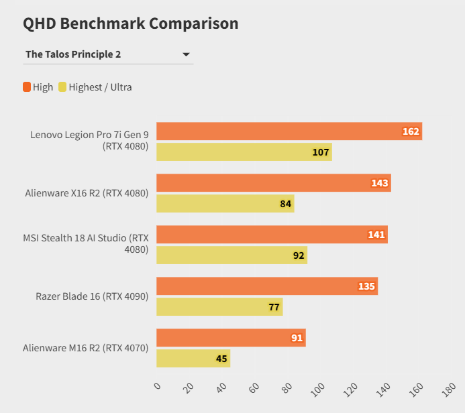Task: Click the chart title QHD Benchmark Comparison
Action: coord(131,23)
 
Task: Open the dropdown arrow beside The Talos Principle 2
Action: coord(186,54)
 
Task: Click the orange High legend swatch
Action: coord(27,86)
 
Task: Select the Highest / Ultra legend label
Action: coord(100,87)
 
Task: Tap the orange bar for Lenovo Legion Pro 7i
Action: coord(289,131)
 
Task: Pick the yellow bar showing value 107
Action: coord(244,152)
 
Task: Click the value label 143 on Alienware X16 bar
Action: coord(380,183)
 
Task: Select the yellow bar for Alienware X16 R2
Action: coord(225,204)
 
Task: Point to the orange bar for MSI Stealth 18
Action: coord(272,235)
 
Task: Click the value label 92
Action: coord(299,255)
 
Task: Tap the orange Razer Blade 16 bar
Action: coord(267,286)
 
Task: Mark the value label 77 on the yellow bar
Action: coord(274,307)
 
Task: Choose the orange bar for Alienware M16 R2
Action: coord(231,338)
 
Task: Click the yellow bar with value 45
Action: coord(193,359)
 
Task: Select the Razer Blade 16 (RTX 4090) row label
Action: coord(92,296)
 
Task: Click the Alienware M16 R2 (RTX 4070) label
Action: coord(85,348)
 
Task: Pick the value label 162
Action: coord(411,131)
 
